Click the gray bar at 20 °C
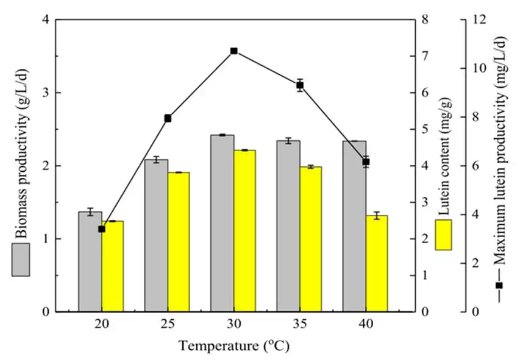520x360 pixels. coord(90,261)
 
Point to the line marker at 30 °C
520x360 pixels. coord(233,51)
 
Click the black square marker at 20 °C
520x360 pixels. coord(102,229)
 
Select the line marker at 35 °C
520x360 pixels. coord(300,85)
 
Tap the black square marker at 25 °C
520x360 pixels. coord(168,118)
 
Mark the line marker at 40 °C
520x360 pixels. coord(366,162)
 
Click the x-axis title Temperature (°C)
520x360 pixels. coord(233,347)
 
